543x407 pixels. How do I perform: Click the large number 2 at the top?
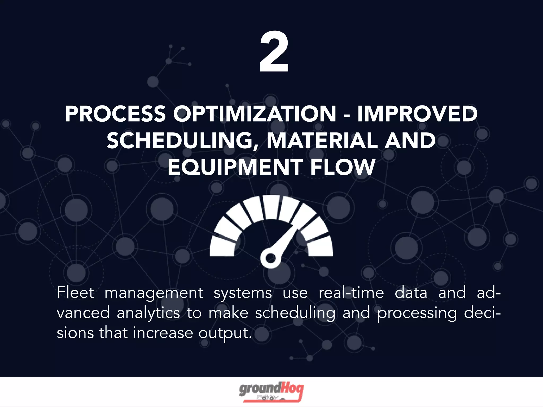point(274,52)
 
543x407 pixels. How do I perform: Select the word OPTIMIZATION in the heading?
point(255,114)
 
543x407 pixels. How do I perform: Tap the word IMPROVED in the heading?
point(417,114)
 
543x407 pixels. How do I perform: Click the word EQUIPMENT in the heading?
point(235,167)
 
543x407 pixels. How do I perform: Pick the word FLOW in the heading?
point(343,167)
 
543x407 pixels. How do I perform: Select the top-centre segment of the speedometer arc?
point(271,207)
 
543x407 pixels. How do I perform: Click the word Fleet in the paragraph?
point(76,293)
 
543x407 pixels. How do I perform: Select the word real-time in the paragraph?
point(351,293)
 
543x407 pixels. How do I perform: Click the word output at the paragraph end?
point(225,333)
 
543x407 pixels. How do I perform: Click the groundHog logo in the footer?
point(271,392)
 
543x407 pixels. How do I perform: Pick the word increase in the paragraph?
point(163,333)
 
